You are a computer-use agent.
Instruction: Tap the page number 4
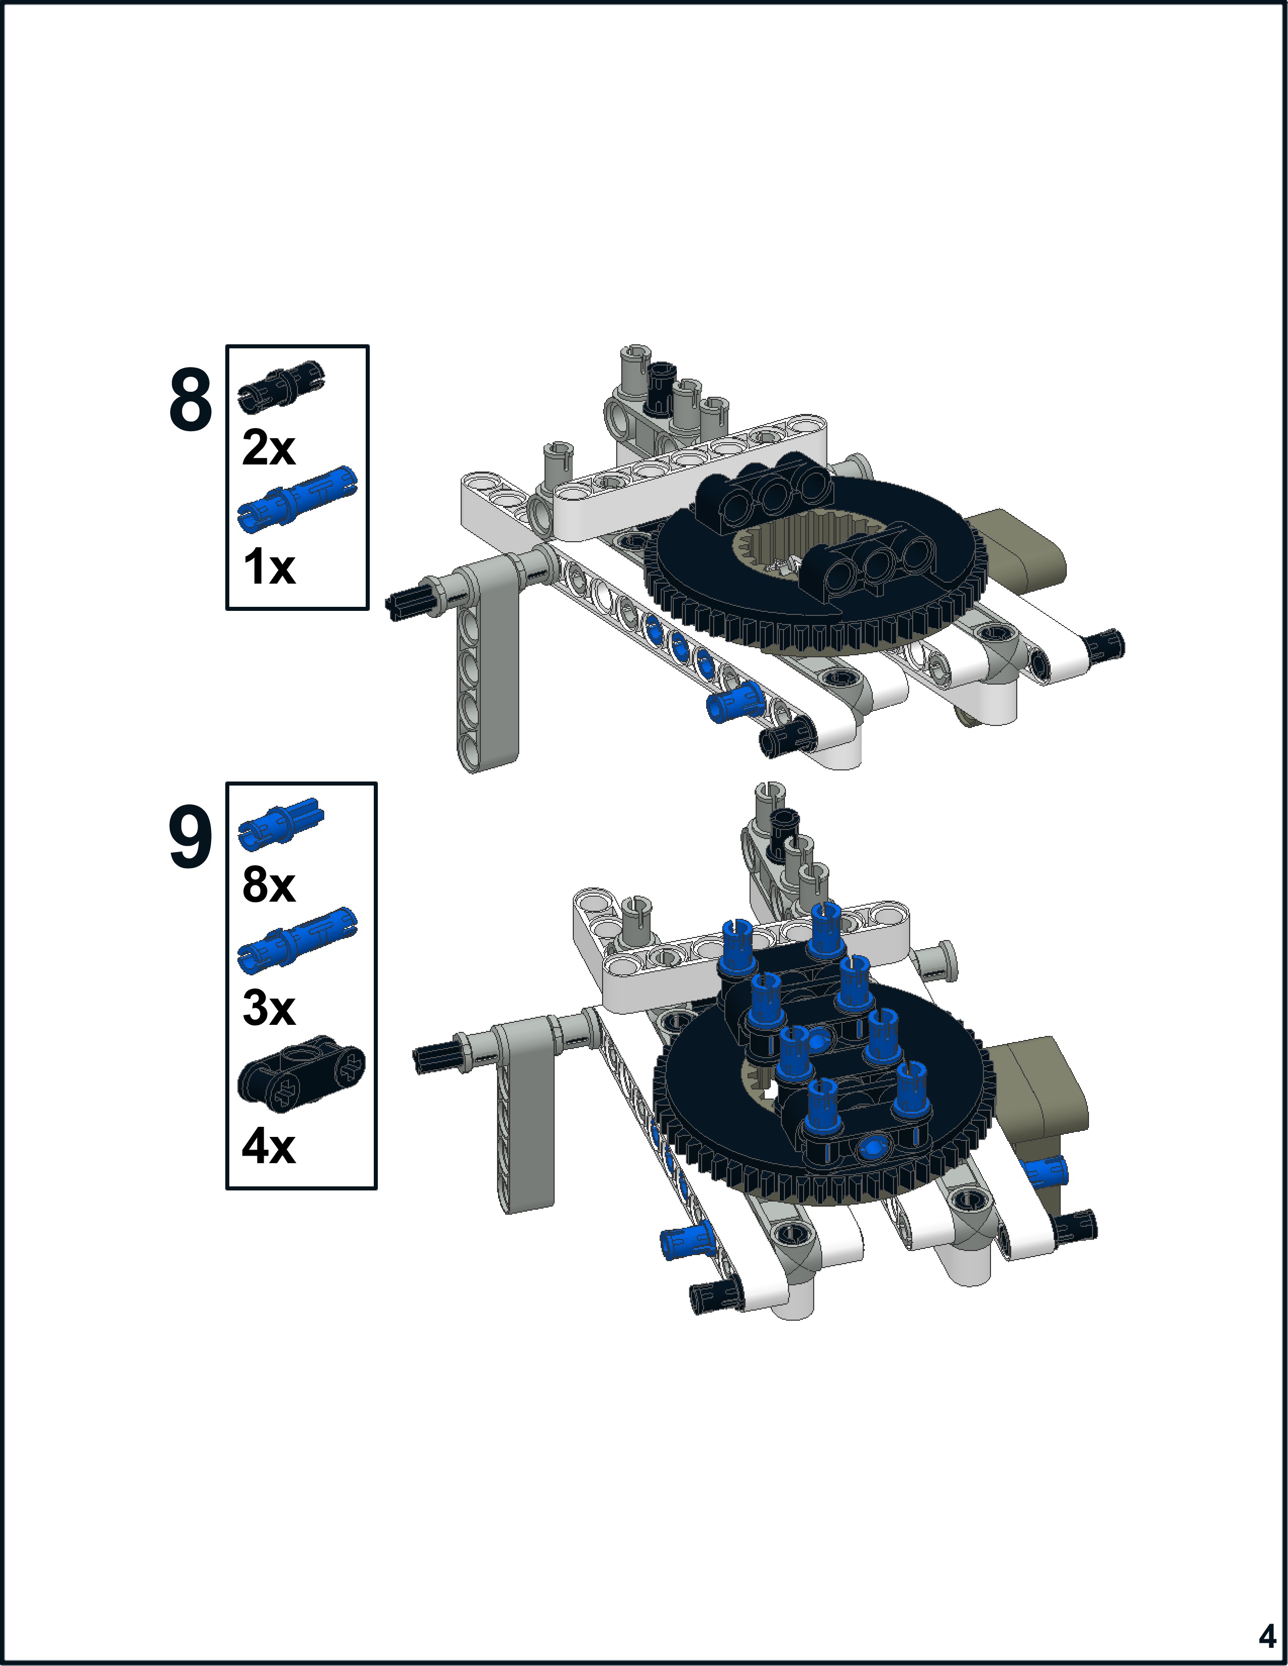(x=1267, y=1636)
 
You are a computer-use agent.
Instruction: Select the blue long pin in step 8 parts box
(x=298, y=500)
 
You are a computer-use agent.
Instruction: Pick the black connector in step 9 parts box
(x=302, y=1069)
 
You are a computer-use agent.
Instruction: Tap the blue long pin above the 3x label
(x=298, y=941)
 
